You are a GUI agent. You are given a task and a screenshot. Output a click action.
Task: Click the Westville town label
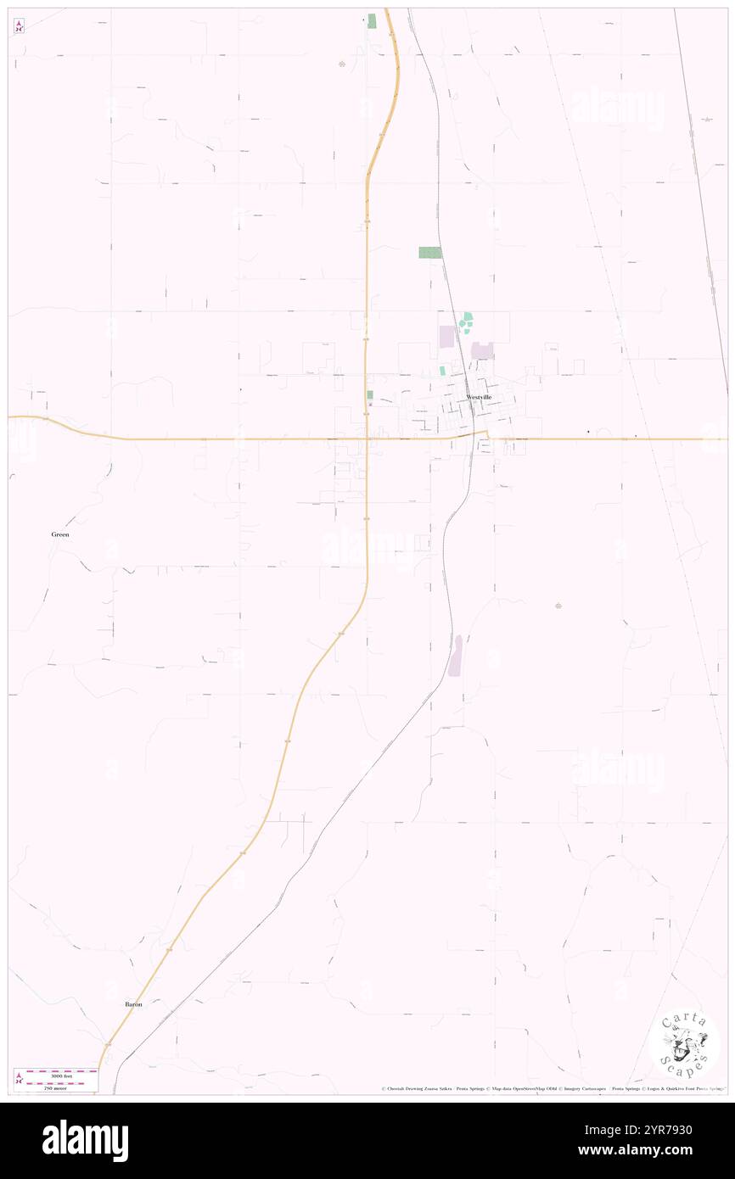point(479,397)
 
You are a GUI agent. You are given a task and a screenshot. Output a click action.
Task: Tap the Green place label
point(59,535)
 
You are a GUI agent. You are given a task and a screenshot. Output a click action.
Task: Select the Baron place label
point(133,1004)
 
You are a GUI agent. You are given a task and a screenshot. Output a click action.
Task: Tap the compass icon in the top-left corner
point(20,26)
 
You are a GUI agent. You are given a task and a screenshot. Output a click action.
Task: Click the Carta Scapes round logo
point(684,1044)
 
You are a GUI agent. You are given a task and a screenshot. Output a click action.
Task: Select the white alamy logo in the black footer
point(86,1141)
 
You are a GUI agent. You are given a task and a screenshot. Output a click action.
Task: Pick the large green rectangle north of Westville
point(430,253)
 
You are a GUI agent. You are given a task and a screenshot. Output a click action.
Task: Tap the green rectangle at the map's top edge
point(371,20)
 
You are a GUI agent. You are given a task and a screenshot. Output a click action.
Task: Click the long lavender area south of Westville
point(456,657)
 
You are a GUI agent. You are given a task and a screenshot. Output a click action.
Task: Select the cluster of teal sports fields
point(466,323)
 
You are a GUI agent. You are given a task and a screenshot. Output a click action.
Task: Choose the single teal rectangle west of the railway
point(442,371)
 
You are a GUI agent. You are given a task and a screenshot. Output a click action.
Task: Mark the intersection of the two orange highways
point(367,439)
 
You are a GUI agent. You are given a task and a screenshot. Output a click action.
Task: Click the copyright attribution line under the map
point(552,1089)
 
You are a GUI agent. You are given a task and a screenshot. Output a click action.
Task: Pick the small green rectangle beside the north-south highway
point(370,395)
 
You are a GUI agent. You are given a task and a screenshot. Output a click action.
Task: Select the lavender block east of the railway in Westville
point(483,350)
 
